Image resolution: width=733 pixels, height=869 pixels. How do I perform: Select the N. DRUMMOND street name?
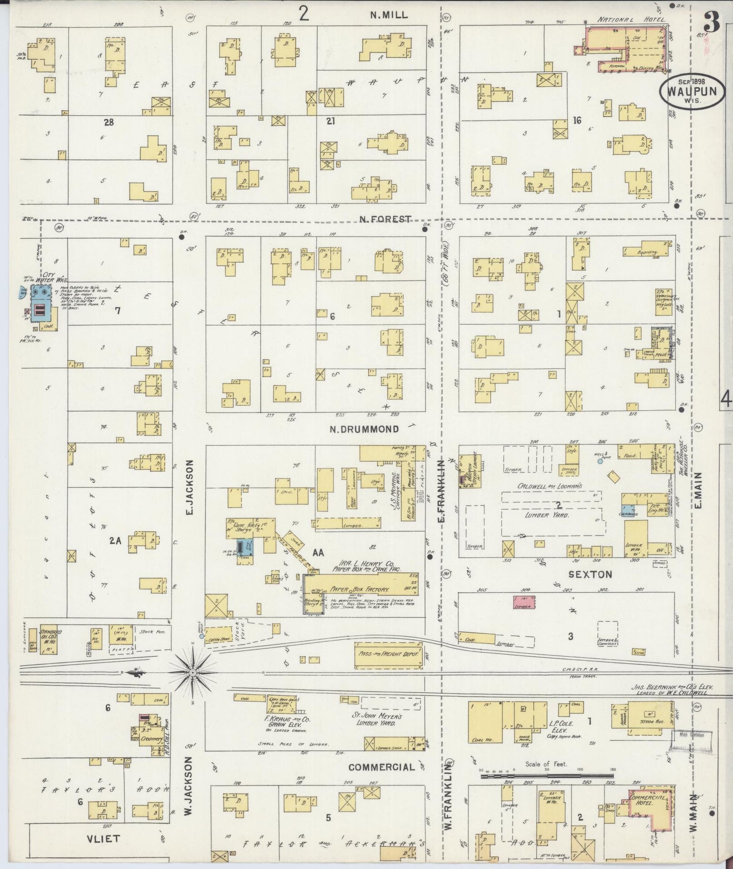click(364, 429)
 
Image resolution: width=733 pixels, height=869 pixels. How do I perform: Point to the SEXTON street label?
click(590, 574)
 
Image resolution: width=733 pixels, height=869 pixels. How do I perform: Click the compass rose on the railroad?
click(193, 672)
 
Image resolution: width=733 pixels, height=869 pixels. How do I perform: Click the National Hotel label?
click(624, 20)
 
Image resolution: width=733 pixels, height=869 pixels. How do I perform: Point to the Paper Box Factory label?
click(359, 590)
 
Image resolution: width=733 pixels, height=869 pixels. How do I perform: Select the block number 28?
click(109, 122)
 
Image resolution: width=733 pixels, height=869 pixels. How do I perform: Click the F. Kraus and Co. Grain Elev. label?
click(288, 733)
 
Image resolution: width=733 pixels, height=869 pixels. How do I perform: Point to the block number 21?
click(331, 121)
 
